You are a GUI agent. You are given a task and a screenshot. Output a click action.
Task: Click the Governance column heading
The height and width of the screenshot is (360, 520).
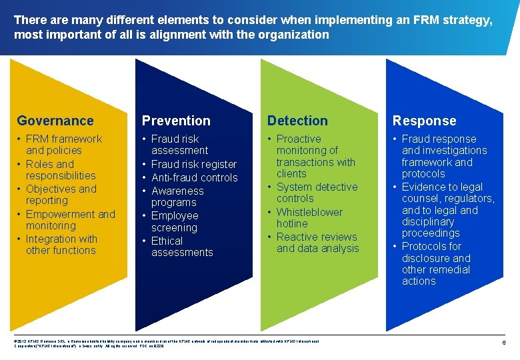[55, 121]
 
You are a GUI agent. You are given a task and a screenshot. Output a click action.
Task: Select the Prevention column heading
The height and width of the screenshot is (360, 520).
[176, 121]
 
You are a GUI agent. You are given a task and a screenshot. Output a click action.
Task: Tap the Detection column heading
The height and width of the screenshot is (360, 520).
[297, 121]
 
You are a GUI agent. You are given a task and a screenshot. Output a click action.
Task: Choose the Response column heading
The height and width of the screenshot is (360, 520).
[424, 121]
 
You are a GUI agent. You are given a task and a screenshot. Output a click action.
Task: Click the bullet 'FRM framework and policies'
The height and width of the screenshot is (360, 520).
[63, 145]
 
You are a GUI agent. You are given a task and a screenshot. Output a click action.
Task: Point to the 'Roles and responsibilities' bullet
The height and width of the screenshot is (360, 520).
[60, 170]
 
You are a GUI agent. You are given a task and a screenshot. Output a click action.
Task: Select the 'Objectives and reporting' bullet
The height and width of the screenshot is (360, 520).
[61, 195]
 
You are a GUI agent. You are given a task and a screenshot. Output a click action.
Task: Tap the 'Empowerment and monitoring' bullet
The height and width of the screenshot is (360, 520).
[69, 220]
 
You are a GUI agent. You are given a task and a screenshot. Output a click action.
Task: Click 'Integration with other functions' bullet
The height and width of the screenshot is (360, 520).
[61, 245]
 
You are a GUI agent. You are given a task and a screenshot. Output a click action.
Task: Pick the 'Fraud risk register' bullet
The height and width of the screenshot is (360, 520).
[193, 164]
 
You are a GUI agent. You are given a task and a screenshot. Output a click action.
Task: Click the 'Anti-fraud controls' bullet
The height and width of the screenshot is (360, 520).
[194, 177]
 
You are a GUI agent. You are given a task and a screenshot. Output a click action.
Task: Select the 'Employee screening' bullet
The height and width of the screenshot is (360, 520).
[175, 221]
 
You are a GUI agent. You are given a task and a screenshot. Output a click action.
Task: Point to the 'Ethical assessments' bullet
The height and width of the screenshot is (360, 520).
[181, 247]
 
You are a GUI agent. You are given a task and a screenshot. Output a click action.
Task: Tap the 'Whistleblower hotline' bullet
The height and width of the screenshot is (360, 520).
[309, 218]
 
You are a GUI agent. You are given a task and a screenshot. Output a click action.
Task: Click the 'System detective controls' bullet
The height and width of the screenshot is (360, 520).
[316, 193]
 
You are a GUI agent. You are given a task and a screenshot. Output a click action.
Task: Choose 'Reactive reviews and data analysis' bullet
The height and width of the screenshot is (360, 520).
[317, 243]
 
